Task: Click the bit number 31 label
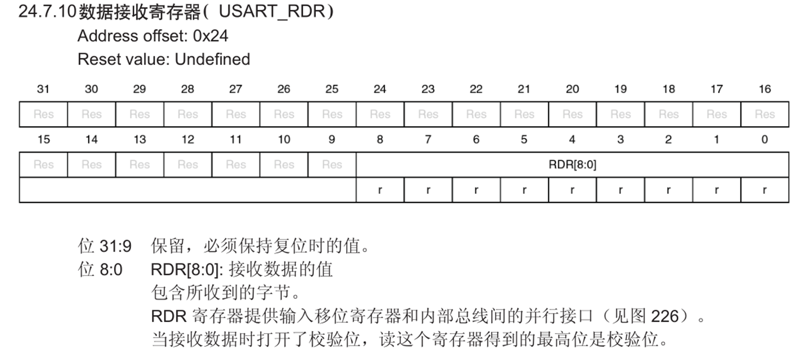click(x=44, y=89)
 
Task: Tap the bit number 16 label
click(x=764, y=89)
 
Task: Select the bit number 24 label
click(x=380, y=89)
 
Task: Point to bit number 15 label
click(x=44, y=139)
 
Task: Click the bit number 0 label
click(x=764, y=139)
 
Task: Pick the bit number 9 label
click(x=332, y=139)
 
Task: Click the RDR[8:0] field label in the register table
click(x=573, y=165)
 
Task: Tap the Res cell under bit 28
click(x=188, y=114)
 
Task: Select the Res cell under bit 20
click(x=573, y=114)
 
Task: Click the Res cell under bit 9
click(x=332, y=165)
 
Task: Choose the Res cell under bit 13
click(x=140, y=165)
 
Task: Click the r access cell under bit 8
click(x=380, y=190)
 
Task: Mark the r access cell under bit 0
click(x=764, y=190)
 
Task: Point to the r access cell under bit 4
click(x=573, y=190)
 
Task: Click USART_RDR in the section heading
click(x=272, y=12)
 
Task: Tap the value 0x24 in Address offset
click(x=211, y=36)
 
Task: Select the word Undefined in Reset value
click(x=212, y=59)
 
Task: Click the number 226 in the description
click(x=665, y=316)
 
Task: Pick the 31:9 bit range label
click(x=115, y=247)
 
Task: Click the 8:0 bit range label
click(x=111, y=270)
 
